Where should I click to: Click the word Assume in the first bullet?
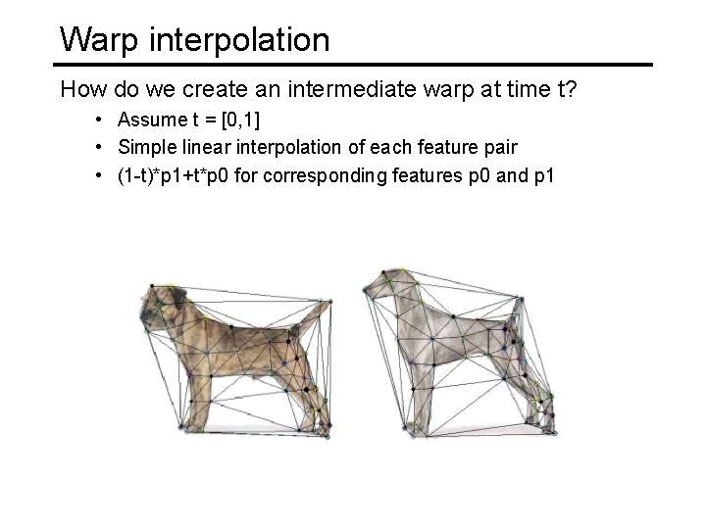click(150, 120)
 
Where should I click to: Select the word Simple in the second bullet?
click(143, 147)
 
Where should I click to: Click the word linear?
click(197, 147)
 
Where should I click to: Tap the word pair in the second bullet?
click(500, 147)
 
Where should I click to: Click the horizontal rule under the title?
click(353, 65)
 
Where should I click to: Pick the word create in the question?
click(187, 90)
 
